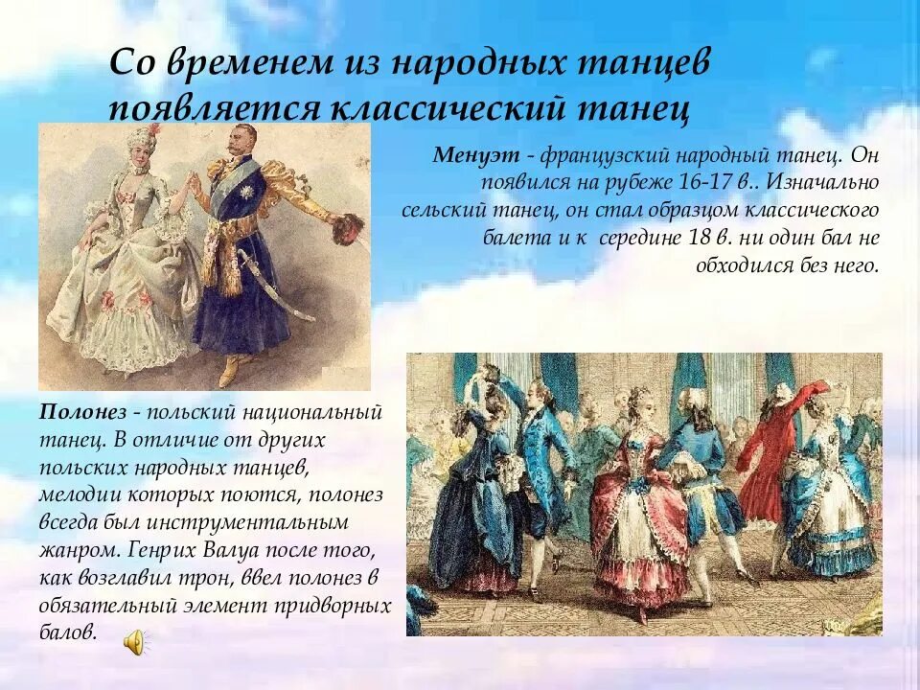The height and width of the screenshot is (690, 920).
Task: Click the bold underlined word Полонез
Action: (82, 412)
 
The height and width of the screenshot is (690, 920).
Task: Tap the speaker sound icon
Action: (135, 643)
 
